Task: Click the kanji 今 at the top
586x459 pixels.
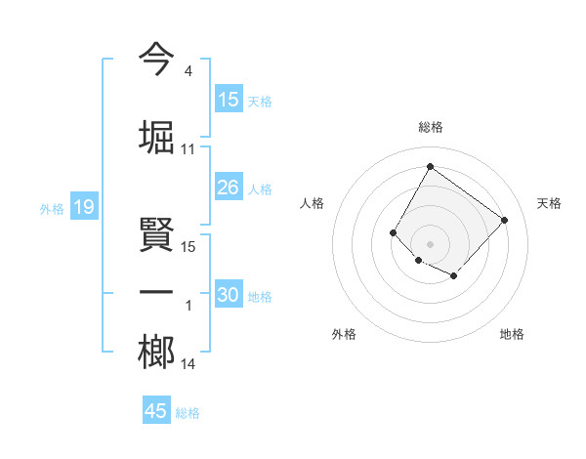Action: click(156, 59)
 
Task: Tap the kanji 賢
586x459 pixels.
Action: click(156, 234)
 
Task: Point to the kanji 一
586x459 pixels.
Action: click(156, 293)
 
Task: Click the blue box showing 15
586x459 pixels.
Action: click(229, 100)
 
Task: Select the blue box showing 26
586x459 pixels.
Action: click(229, 188)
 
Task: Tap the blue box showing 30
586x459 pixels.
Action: click(229, 296)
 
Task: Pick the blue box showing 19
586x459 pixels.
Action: click(83, 207)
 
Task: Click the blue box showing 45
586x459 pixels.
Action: click(156, 411)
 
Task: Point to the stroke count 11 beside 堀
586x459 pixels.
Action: click(188, 148)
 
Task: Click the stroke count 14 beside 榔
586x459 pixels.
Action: click(188, 364)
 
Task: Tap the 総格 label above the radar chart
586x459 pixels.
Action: click(430, 127)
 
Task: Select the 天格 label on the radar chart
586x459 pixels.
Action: click(550, 203)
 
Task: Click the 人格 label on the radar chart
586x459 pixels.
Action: click(313, 203)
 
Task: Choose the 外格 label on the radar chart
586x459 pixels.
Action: click(344, 334)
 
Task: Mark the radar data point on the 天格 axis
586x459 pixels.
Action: click(504, 220)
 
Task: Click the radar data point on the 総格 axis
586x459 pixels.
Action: click(430, 166)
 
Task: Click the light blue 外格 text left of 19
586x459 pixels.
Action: click(51, 208)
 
